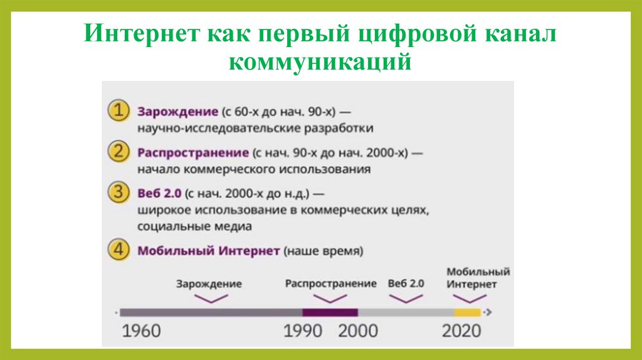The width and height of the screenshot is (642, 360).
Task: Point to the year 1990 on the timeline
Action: point(303,331)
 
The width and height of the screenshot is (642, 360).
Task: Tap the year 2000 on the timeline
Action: point(358,331)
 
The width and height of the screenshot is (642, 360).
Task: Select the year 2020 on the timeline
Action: point(461,331)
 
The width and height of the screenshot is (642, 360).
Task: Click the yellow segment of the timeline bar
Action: point(467,312)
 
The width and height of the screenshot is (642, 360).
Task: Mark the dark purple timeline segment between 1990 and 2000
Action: point(330,312)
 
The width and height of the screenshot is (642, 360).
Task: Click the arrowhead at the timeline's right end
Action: point(488,312)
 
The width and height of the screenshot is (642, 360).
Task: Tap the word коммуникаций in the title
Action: point(320,61)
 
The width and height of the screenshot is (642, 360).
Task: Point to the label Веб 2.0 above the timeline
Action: point(406,283)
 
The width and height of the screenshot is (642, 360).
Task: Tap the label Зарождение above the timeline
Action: point(209,283)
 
